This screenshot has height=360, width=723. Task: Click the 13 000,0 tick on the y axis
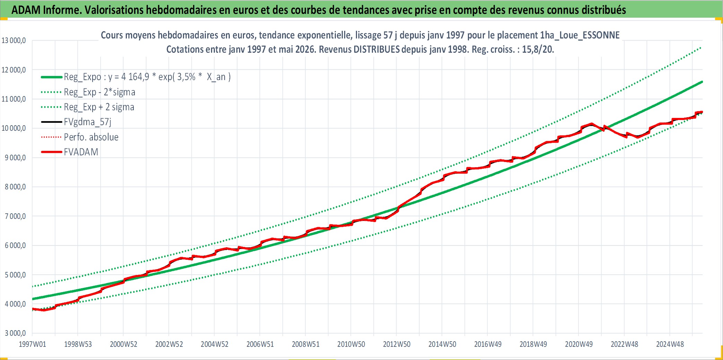[x=14, y=40]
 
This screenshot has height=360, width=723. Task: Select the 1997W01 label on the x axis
[x=32, y=344]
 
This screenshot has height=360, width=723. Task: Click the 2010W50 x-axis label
[x=351, y=344]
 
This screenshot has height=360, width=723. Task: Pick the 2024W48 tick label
[x=670, y=344]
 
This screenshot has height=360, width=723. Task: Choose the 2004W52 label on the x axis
[x=215, y=344]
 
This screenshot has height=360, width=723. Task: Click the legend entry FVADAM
[x=81, y=152]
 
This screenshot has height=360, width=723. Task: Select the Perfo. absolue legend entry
[x=91, y=137]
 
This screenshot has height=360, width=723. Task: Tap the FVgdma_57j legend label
[x=88, y=122]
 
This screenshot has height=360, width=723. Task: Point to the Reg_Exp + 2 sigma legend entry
[x=99, y=107]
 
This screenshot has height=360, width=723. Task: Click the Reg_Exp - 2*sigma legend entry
[x=99, y=92]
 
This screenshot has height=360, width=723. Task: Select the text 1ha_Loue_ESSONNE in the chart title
[x=580, y=35]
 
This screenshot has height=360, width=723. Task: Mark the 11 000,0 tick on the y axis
[x=14, y=99]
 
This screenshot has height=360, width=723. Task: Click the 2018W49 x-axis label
[x=533, y=344]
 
